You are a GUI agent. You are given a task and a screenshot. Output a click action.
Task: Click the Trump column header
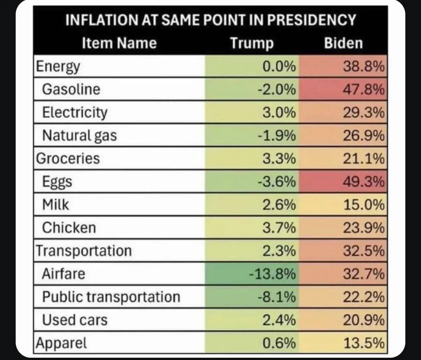[252, 43]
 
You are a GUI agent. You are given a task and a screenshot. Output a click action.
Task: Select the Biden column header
[343, 43]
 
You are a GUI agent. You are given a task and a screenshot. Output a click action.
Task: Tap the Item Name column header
[119, 43]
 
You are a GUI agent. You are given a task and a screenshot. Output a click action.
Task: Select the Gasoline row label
[71, 89]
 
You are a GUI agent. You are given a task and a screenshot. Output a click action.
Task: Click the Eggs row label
[57, 182]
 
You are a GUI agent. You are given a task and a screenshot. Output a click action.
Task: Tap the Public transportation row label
[111, 297]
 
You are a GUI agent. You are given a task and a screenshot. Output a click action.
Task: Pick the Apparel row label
[62, 343]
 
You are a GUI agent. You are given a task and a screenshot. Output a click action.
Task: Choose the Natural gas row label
[79, 136]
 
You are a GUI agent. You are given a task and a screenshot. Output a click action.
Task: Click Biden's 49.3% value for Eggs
[363, 182]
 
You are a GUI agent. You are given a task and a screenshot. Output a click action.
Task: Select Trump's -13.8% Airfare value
[273, 274]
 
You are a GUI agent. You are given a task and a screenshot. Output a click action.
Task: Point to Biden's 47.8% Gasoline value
[363, 89]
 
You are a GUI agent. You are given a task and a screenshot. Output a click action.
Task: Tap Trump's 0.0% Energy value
[279, 67]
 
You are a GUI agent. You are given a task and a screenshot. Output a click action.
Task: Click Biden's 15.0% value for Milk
[363, 205]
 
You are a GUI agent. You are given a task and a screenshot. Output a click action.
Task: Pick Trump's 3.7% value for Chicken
[279, 228]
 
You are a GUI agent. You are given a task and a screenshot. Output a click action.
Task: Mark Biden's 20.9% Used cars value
[363, 320]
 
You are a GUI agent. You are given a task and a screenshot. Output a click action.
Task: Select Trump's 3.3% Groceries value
[279, 159]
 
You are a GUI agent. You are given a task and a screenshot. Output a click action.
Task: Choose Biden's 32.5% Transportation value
[363, 251]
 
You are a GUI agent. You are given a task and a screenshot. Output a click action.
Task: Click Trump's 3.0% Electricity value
[279, 112]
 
